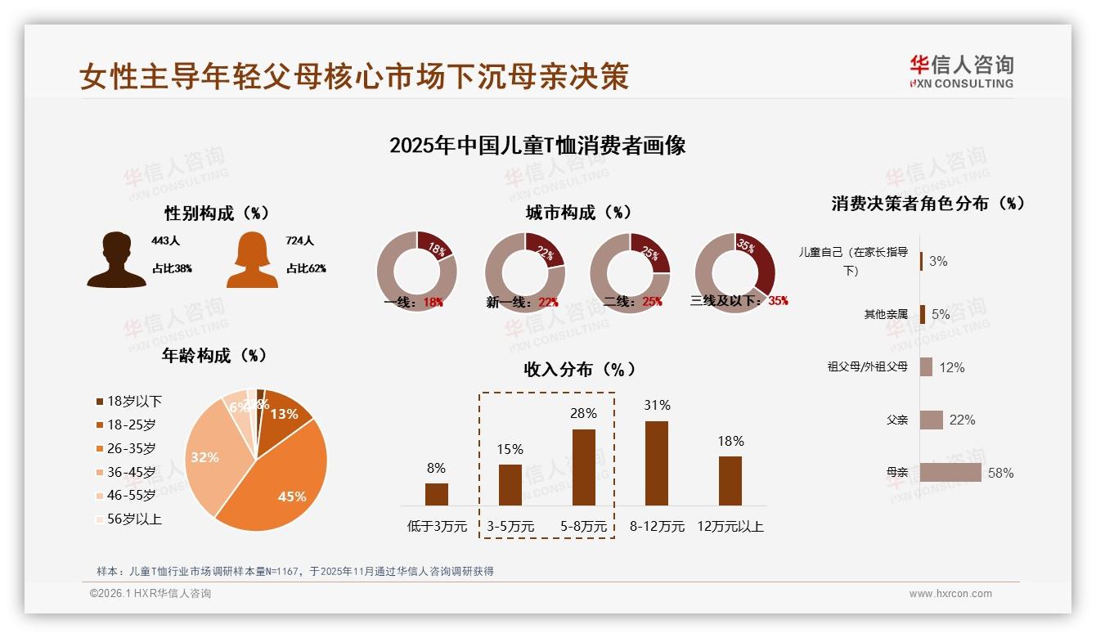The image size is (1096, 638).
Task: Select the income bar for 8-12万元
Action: [x=657, y=463]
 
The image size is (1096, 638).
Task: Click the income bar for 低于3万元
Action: [x=437, y=494]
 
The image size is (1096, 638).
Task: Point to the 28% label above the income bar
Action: [x=583, y=414]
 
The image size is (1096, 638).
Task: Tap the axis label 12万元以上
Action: [x=730, y=526]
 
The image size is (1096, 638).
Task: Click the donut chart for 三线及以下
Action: [x=734, y=272]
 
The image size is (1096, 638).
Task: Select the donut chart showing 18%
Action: [x=416, y=272]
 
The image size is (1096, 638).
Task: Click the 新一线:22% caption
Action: [x=522, y=302]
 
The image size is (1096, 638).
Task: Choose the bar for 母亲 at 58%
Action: [x=950, y=473]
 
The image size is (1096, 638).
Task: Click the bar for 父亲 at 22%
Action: [x=932, y=420]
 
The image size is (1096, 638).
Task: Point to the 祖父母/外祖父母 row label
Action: [x=867, y=367]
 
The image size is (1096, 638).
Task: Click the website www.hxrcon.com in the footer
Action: [x=950, y=594]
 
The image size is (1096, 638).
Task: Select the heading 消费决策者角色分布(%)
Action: [x=928, y=204]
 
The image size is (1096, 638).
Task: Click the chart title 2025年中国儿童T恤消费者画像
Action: [x=537, y=146]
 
